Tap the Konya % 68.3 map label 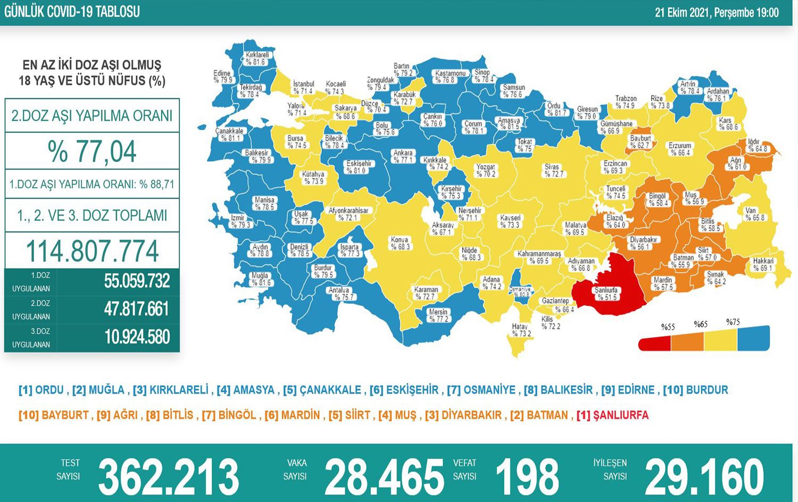pos(400,243)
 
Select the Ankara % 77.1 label pos(403,156)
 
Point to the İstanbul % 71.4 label pos(303,88)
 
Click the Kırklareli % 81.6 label pos(256,58)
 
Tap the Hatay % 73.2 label pos(520,330)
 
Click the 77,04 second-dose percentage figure pos(93,151)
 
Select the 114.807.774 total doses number pos(93,251)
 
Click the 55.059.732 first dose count pos(137,281)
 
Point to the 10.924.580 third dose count pos(137,337)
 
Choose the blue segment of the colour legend pos(753,339)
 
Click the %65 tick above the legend pos(701,324)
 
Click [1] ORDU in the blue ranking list pos(41,390)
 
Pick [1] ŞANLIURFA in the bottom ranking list pos(612,415)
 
